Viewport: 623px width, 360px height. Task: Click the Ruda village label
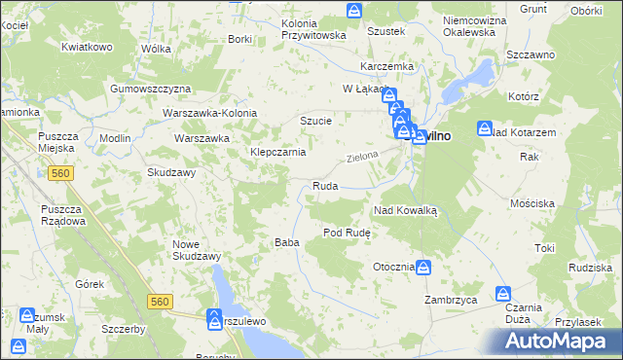point(324,186)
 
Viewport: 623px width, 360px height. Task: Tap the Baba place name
point(286,242)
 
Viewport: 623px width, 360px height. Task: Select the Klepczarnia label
point(278,153)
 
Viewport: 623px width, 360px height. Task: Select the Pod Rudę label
point(346,233)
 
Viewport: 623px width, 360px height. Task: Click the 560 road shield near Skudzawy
point(61,173)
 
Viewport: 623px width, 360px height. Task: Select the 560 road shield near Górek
point(162,303)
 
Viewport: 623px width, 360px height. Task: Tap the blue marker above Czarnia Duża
point(503,293)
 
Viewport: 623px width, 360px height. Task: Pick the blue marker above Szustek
point(354,12)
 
